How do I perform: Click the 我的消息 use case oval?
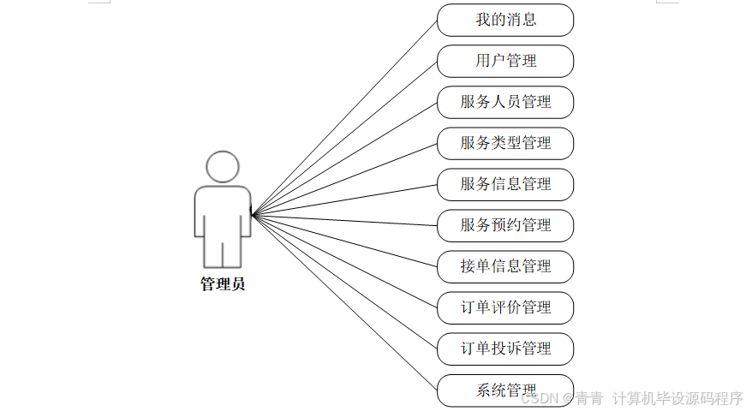505,20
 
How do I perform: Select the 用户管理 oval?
505,61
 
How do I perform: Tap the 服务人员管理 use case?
505,102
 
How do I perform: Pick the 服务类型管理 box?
505,143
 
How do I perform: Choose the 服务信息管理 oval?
505,184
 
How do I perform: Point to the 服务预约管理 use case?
505,225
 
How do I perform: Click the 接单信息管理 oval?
505,266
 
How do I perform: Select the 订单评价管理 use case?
505,307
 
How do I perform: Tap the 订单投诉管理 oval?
505,348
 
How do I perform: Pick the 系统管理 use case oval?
505,390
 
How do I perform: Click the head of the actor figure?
223,167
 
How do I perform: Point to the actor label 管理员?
223,284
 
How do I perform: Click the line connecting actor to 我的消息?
344,116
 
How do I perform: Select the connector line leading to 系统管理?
344,301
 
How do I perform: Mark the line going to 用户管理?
344,137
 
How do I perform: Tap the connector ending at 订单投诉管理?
344,281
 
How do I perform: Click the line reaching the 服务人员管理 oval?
344,158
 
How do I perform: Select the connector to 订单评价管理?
344,260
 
